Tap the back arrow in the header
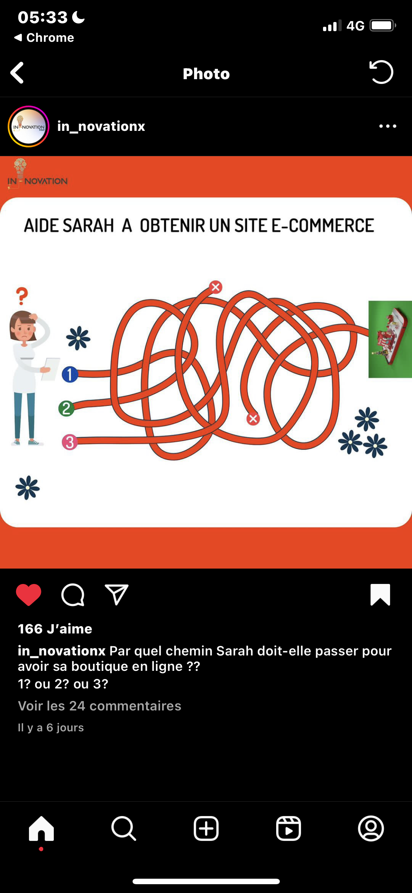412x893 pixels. (x=17, y=73)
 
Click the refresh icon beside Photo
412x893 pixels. (x=381, y=72)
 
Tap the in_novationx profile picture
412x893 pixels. (x=29, y=126)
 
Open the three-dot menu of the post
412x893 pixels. (x=388, y=126)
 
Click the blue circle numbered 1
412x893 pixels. (x=70, y=374)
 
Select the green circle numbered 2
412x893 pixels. (x=66, y=408)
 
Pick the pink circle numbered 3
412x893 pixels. (x=70, y=442)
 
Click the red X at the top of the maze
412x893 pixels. (x=216, y=287)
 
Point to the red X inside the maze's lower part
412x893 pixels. (x=253, y=419)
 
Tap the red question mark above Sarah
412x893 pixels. (x=22, y=296)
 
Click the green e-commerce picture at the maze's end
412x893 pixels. (x=390, y=339)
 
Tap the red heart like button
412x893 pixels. (x=29, y=595)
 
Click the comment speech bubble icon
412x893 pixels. (x=73, y=595)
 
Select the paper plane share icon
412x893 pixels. (x=116, y=594)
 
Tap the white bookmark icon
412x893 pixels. (x=380, y=595)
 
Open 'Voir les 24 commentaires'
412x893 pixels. (x=100, y=706)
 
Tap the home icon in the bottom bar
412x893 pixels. (x=41, y=828)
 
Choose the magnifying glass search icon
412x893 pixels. (x=124, y=828)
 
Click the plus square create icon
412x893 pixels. (x=206, y=828)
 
